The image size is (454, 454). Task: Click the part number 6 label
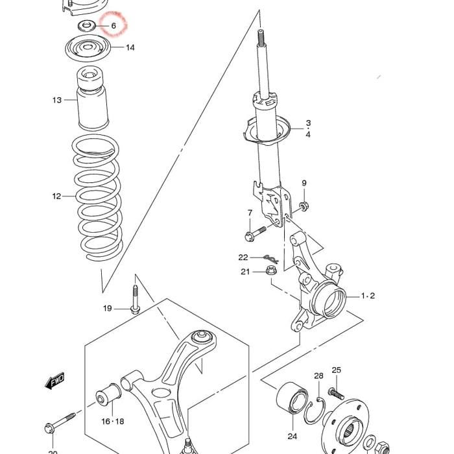pos(113,26)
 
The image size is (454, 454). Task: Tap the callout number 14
pos(130,47)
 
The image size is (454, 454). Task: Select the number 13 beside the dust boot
pos(57,100)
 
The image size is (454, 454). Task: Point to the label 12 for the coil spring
pos(57,197)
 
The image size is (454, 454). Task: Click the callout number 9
pos(304,183)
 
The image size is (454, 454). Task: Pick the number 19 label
pos(108,308)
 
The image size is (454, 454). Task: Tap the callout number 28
pos(318,376)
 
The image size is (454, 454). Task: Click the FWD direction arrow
pos(54,381)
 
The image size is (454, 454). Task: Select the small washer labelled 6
pos(86,26)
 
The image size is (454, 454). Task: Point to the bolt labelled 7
pos(255,233)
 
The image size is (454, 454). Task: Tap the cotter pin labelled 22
pos(271,259)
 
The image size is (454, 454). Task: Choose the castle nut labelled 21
pos(271,270)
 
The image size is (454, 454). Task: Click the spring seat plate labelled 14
pos(88,48)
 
